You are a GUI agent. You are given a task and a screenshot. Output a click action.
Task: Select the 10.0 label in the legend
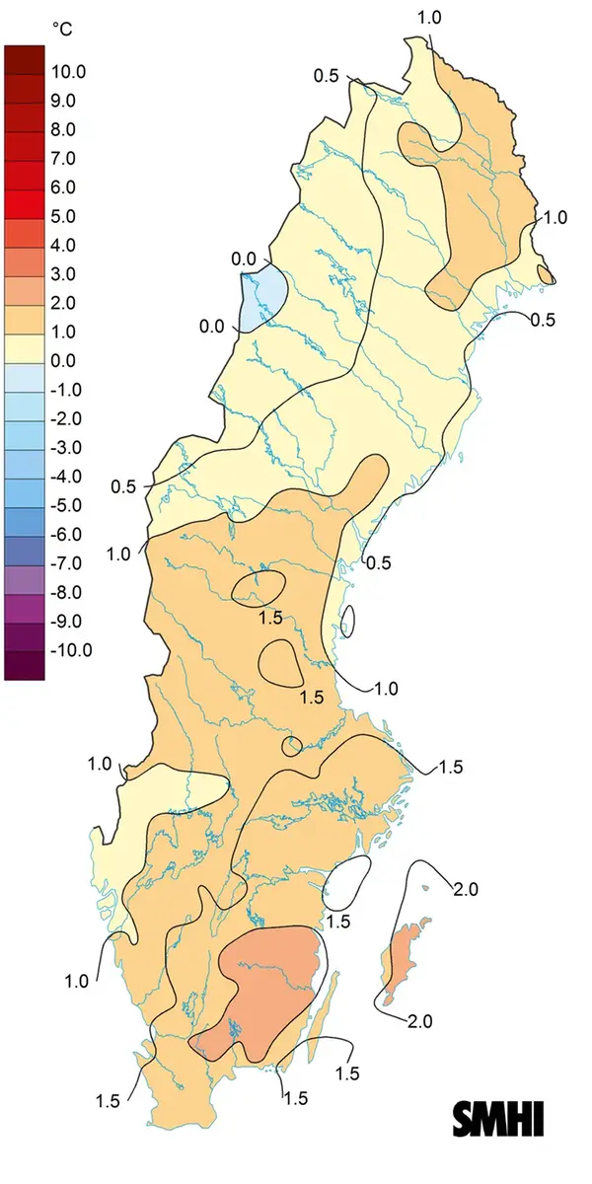[x=70, y=71]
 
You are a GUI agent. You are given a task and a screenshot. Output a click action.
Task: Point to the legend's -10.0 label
[x=70, y=649]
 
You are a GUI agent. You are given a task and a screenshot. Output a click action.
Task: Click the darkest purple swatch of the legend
[x=25, y=665]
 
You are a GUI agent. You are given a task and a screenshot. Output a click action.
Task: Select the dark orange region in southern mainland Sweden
[x=266, y=987]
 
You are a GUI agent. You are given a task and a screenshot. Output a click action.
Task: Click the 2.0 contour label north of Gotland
[x=465, y=889]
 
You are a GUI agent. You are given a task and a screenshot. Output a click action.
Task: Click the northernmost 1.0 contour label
[x=430, y=17]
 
